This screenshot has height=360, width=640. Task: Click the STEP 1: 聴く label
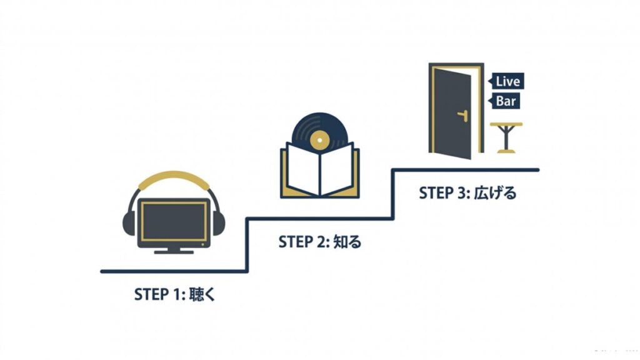point(174,294)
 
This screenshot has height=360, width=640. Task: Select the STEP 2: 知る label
point(319,242)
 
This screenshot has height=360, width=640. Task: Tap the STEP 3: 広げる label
point(467,192)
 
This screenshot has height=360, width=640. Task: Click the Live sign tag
point(506,81)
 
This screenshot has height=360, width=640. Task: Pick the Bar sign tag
point(504,101)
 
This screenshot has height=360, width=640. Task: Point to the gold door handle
point(463,116)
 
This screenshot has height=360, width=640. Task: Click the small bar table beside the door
point(506,137)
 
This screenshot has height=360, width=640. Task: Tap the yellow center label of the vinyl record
point(319,141)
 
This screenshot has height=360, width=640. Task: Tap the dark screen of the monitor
point(174,222)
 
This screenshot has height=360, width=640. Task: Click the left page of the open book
point(303,169)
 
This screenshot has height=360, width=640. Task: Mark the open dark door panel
point(452,113)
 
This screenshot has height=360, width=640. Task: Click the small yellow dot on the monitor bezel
point(203,244)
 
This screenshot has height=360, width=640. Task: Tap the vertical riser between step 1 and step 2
point(247,245)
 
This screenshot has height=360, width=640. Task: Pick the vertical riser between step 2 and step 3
point(393,194)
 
